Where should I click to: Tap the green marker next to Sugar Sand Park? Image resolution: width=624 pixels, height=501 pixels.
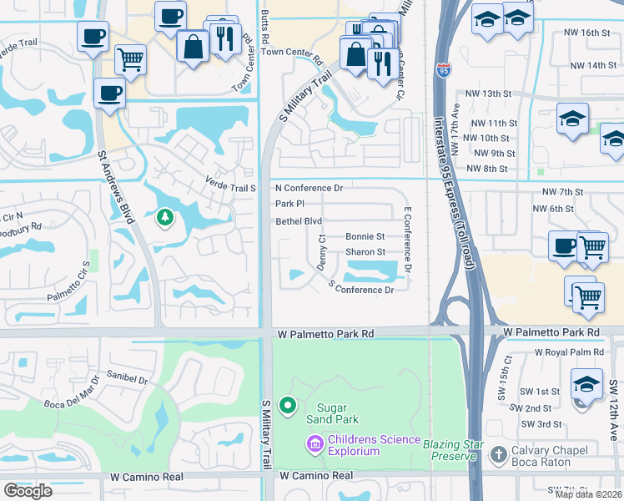[288, 406]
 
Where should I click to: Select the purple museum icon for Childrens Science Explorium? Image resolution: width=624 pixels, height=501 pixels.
[315, 442]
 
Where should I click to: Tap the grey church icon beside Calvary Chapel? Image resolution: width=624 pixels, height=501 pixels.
[499, 455]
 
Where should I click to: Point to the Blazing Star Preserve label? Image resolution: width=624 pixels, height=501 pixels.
[453, 444]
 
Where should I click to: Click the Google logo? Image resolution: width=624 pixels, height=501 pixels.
[28, 490]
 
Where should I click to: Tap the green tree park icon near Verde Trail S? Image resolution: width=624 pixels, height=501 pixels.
[164, 219]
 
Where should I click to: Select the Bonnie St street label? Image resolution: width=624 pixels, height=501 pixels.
[365, 237]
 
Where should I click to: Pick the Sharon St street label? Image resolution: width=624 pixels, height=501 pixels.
[365, 252]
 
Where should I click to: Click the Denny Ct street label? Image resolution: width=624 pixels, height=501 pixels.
[321, 250]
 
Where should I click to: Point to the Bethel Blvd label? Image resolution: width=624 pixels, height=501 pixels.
[299, 221]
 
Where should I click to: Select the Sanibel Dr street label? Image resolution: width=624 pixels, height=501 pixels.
[126, 380]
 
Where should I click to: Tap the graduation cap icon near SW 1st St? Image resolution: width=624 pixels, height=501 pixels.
[586, 384]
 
